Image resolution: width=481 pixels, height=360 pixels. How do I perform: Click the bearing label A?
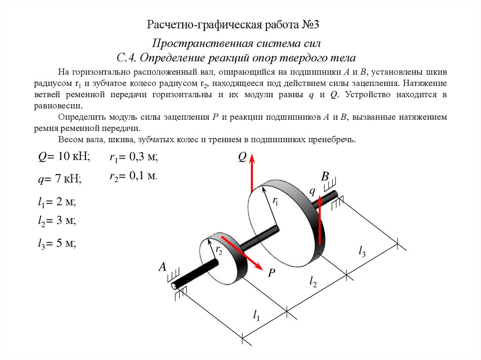tap(163, 267)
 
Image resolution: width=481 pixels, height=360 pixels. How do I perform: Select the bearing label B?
tap(325, 177)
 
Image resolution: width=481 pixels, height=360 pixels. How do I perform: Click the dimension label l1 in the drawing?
tap(256, 315)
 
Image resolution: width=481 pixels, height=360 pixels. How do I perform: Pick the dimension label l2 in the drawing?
tap(313, 282)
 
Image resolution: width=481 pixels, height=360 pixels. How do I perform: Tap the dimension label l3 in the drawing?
tap(363, 252)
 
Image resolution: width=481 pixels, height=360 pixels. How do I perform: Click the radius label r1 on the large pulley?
tap(275, 202)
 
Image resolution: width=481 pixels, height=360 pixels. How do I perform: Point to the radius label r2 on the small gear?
tap(219, 250)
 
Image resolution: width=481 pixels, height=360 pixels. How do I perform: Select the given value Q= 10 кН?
tap(63, 156)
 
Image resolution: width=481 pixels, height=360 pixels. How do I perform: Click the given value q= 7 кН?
tap(60, 178)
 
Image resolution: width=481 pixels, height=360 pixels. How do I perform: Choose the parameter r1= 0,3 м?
tap(133, 158)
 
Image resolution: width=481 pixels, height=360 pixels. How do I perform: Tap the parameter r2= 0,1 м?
tap(133, 176)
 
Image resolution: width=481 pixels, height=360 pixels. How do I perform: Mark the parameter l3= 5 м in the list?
tap(57, 243)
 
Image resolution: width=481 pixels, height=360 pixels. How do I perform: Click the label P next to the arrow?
tap(271, 273)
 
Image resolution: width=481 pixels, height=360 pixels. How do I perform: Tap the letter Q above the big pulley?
tap(242, 157)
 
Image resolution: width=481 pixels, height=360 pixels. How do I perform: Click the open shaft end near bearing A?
tap(175, 285)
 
